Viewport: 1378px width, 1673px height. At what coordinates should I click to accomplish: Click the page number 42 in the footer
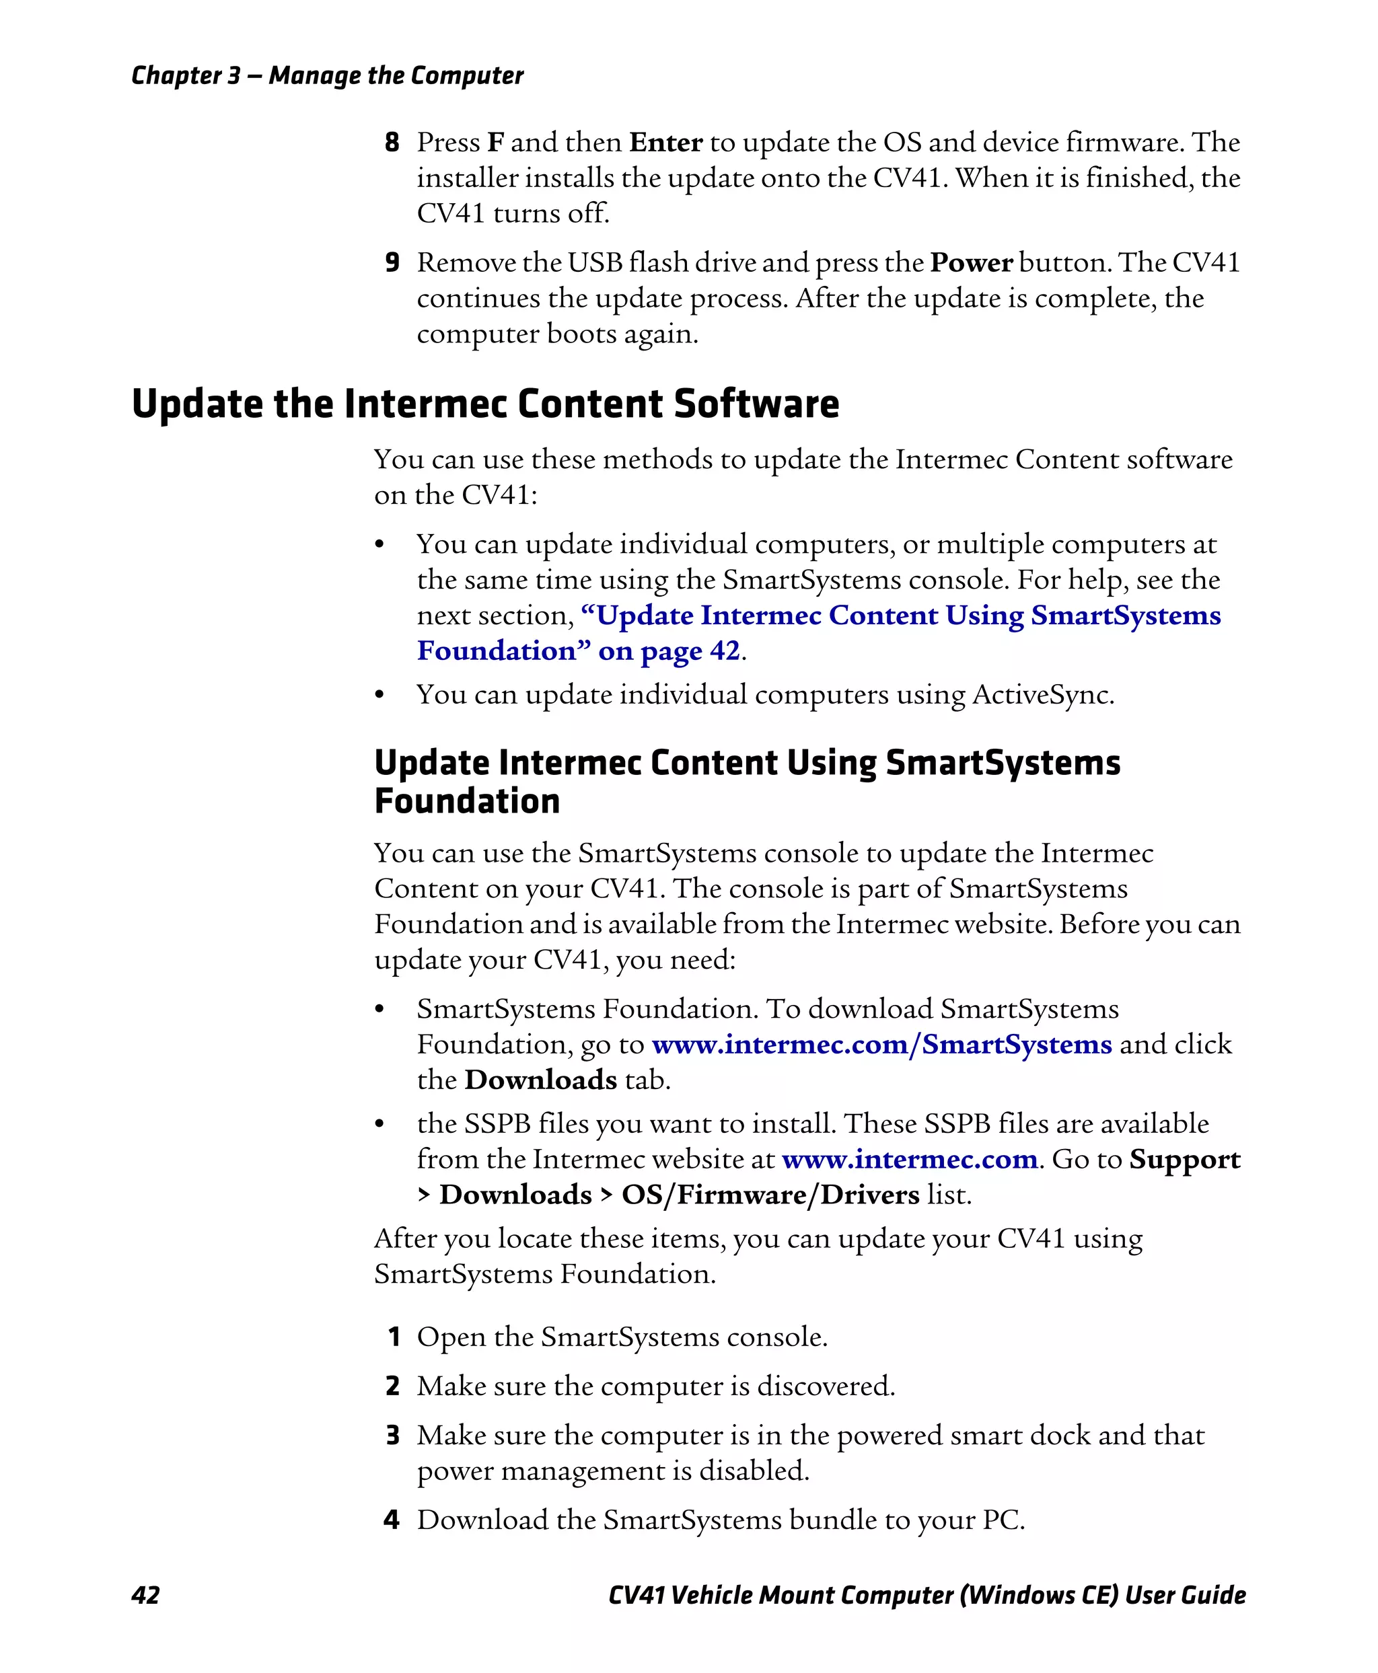[x=145, y=1594]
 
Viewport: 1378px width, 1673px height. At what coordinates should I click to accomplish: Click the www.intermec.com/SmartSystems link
[x=881, y=1045]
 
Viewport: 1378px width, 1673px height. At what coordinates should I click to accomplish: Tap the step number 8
[x=392, y=142]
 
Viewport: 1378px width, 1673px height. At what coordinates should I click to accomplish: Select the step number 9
[x=392, y=263]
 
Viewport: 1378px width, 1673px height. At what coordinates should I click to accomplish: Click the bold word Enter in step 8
[x=665, y=143]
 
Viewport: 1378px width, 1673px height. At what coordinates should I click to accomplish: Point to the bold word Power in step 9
[x=971, y=263]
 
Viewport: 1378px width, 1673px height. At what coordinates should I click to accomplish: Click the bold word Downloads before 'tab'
[x=540, y=1080]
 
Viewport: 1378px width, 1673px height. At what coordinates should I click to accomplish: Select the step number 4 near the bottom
[x=392, y=1519]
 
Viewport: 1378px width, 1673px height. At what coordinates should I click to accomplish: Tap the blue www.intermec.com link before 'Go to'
[x=910, y=1160]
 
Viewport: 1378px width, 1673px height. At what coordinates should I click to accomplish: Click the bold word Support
[x=1184, y=1160]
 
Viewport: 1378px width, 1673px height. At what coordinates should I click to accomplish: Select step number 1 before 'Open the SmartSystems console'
[x=393, y=1337]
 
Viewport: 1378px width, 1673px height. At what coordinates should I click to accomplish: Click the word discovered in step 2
[x=825, y=1386]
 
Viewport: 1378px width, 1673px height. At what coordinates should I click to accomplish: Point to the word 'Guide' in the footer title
[x=1213, y=1594]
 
